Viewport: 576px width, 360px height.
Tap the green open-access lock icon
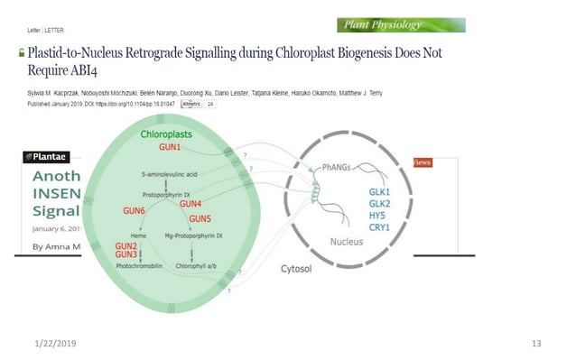(x=22, y=55)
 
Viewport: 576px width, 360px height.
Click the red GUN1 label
(x=170, y=146)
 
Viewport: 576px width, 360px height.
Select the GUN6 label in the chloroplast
(x=134, y=210)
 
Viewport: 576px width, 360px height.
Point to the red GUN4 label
(x=190, y=204)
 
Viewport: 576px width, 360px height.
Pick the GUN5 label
(x=200, y=218)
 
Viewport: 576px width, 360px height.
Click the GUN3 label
(x=126, y=254)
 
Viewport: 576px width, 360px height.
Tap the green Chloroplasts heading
(x=166, y=134)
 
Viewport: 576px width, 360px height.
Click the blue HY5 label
(x=378, y=216)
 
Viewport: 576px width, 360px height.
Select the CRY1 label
(x=379, y=226)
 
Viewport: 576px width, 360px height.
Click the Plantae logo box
(x=44, y=157)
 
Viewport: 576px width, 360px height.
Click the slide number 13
(x=536, y=344)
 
